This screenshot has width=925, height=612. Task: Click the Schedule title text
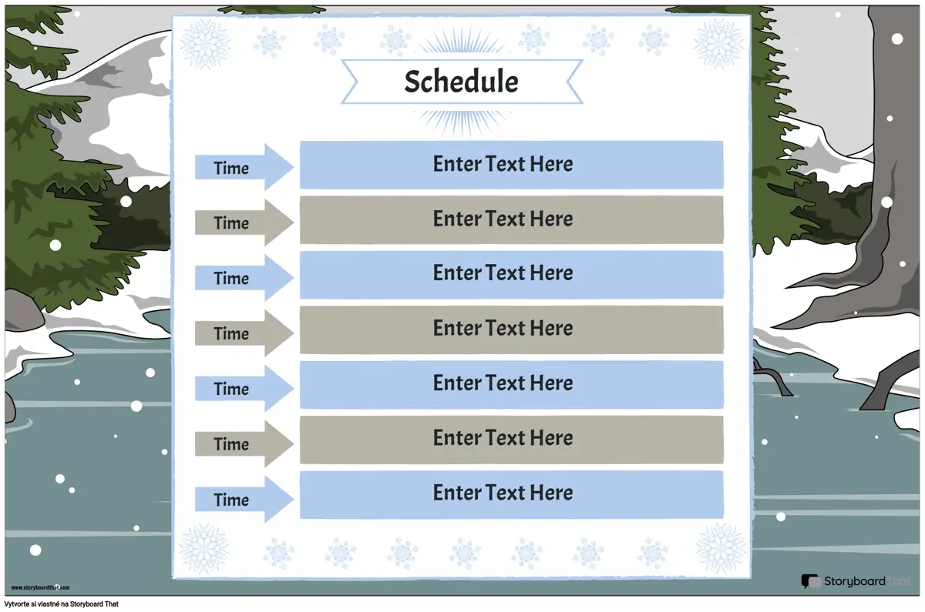(x=461, y=82)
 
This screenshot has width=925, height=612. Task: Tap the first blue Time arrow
(x=244, y=167)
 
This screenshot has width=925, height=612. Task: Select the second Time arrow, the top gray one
(x=244, y=222)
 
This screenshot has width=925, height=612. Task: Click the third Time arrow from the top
(x=244, y=278)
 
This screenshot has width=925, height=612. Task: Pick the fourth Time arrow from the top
(x=244, y=333)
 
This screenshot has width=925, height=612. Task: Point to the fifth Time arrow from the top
(x=244, y=389)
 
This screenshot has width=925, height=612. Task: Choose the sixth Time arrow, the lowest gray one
(x=244, y=443)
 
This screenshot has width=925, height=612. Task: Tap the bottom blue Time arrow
(x=244, y=500)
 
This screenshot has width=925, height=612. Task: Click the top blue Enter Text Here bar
(x=512, y=165)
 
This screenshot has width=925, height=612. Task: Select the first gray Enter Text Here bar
(x=512, y=220)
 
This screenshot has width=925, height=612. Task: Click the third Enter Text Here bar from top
(x=512, y=275)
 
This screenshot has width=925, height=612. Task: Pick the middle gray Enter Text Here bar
(x=512, y=329)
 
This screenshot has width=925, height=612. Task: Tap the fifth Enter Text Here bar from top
(x=512, y=385)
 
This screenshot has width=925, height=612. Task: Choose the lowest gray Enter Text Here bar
(x=512, y=440)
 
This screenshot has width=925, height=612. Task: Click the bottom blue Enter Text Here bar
(x=512, y=494)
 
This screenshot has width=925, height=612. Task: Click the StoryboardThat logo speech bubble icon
(x=810, y=581)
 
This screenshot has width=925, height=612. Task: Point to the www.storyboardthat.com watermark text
(x=40, y=587)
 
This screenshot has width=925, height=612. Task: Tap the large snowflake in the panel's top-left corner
(x=205, y=44)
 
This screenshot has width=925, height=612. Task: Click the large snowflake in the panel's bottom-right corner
(x=721, y=548)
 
